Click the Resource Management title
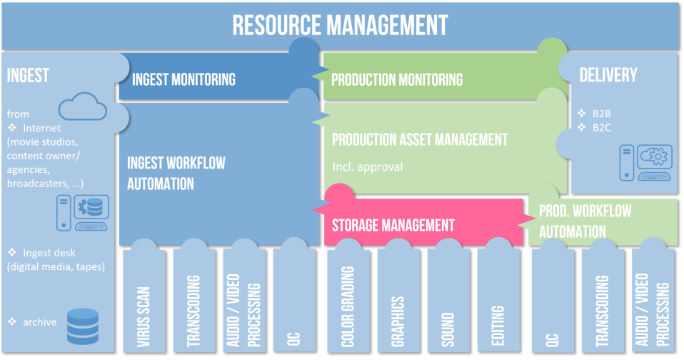(340, 25)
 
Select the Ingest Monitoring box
(183, 78)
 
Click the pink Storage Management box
(393, 225)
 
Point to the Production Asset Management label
(419, 139)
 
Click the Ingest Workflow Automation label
(176, 173)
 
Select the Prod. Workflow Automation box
(585, 221)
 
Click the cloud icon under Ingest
(82, 110)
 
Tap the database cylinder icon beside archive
(81, 325)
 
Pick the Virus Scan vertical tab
(144, 307)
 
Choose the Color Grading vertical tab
(348, 307)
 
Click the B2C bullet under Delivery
(599, 127)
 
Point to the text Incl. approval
(368, 167)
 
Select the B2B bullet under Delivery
(599, 113)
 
